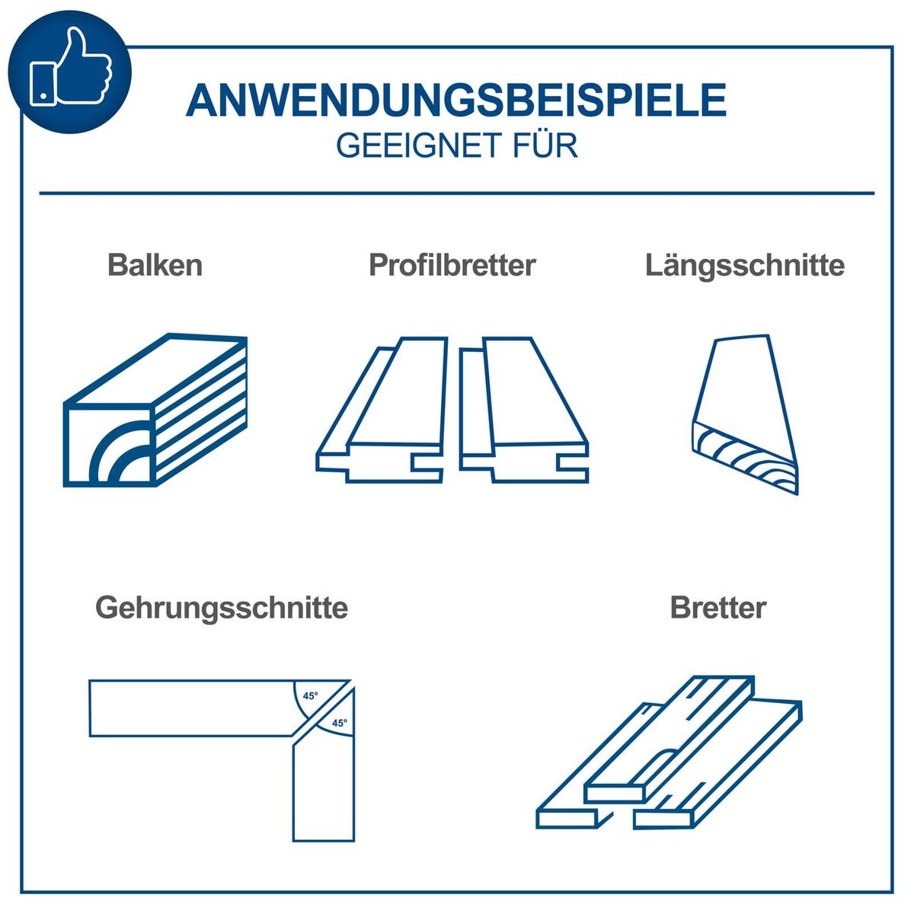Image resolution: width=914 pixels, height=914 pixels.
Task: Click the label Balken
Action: (x=155, y=265)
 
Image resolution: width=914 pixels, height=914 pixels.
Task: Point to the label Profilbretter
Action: (x=452, y=265)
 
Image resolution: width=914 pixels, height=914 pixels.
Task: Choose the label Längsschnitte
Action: (x=744, y=265)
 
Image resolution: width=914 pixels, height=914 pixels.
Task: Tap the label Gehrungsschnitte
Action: (x=222, y=608)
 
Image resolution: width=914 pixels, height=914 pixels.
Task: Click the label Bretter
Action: (x=717, y=608)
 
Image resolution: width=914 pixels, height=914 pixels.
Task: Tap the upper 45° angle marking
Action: (x=310, y=696)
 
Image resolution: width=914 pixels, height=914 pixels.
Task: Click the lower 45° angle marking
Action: (x=338, y=723)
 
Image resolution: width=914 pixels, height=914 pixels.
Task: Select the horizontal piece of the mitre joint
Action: (x=190, y=708)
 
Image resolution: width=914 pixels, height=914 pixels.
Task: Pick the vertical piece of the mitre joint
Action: (x=324, y=792)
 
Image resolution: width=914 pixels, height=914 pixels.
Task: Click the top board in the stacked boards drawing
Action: (x=670, y=739)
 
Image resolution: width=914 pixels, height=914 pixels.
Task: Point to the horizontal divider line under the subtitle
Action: (x=457, y=193)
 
